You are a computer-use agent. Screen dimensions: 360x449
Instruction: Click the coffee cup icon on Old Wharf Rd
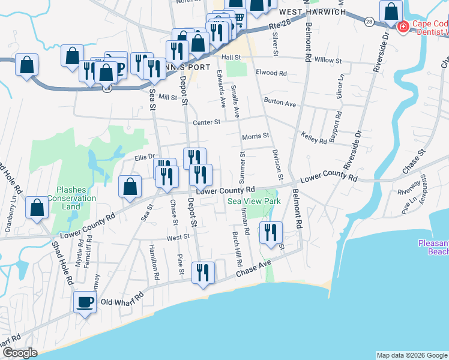(85, 301)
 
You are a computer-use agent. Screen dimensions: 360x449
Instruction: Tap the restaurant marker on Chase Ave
(203, 272)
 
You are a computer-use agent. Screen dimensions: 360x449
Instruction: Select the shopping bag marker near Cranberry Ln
(37, 208)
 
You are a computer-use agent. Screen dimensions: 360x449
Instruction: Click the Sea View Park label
(254, 202)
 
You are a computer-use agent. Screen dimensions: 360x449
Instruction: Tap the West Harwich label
(313, 12)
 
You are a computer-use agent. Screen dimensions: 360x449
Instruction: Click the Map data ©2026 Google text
(412, 355)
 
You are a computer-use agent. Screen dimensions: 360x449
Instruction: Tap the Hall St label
(231, 57)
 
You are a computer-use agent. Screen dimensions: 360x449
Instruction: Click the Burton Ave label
(280, 103)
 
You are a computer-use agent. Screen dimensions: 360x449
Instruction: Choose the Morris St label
(255, 137)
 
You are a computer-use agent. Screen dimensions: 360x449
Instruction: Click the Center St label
(207, 122)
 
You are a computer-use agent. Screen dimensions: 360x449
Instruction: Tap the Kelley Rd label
(315, 139)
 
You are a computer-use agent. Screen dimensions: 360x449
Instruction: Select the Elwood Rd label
(271, 73)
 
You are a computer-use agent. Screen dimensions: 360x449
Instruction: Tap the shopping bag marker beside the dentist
(391, 11)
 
